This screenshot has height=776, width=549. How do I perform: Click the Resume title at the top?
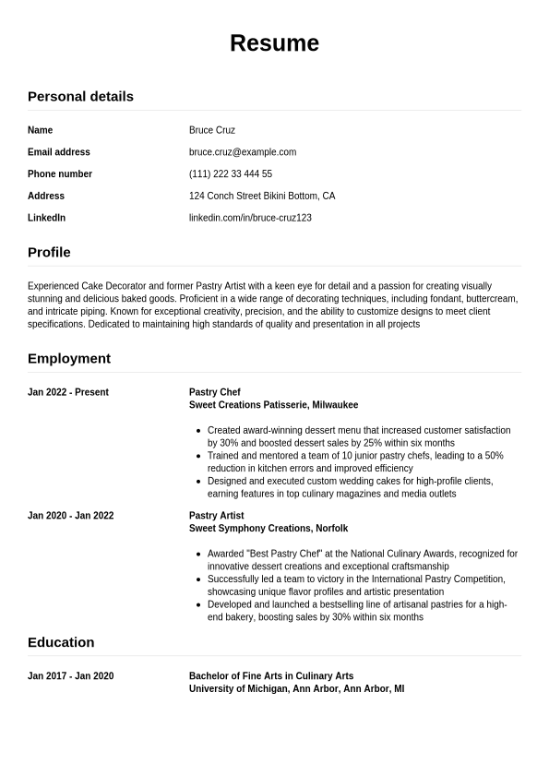[274, 43]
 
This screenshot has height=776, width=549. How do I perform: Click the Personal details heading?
[80, 96]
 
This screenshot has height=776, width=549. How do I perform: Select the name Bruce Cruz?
[212, 130]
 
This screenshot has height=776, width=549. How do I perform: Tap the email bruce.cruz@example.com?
[243, 152]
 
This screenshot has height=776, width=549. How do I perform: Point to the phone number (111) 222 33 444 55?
[231, 174]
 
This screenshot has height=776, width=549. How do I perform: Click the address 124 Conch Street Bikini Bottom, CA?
[262, 196]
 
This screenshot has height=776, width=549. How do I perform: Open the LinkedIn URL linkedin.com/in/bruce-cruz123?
[250, 218]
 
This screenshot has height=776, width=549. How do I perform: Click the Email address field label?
[59, 152]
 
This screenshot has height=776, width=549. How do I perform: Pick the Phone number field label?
[60, 174]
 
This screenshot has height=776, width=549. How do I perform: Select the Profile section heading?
[49, 252]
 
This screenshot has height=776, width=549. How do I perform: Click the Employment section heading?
[69, 358]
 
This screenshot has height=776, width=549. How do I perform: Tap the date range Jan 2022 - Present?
[68, 392]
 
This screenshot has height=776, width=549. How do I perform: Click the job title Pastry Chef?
[215, 392]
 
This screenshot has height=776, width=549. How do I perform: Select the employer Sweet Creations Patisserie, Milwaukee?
[273, 405]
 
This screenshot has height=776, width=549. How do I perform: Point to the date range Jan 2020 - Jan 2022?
[71, 516]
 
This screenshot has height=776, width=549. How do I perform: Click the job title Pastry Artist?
[217, 516]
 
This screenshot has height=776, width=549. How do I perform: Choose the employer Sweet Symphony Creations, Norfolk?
[269, 529]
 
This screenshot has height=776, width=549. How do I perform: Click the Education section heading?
[61, 642]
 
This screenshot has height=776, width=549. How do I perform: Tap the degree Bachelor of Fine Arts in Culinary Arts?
[271, 676]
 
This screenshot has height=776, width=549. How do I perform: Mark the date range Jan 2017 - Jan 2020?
[71, 676]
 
